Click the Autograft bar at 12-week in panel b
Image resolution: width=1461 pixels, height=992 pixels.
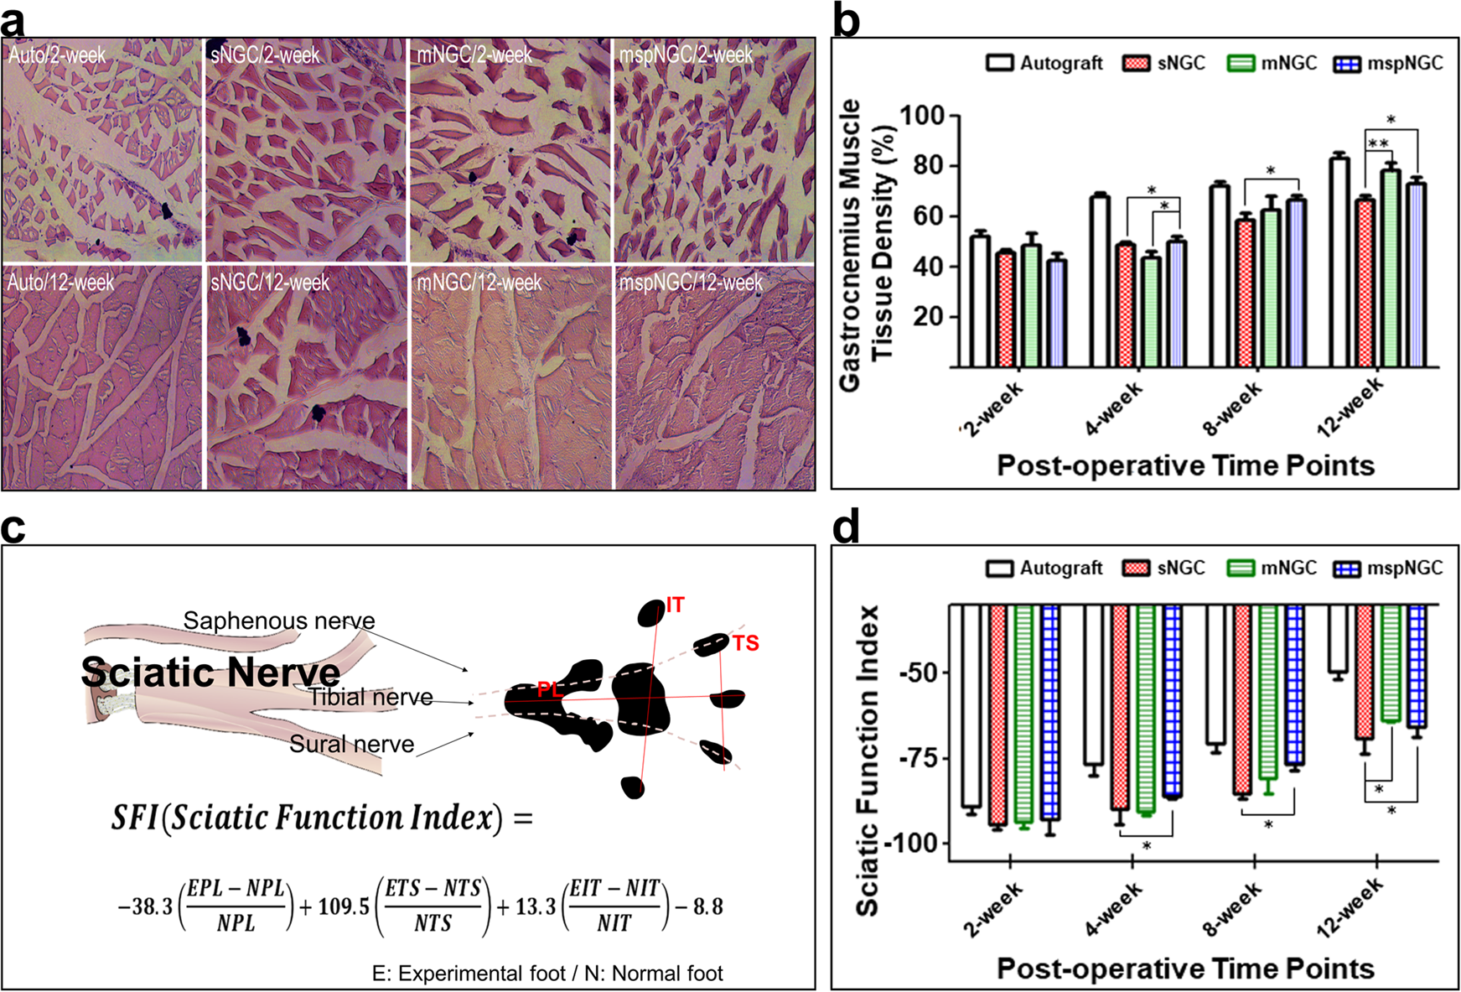pyautogui.click(x=1339, y=262)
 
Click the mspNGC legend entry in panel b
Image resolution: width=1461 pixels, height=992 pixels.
pyautogui.click(x=1389, y=64)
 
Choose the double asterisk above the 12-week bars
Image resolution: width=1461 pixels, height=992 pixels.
pyautogui.click(x=1378, y=144)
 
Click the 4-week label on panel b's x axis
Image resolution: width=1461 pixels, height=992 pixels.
pyautogui.click(x=1113, y=409)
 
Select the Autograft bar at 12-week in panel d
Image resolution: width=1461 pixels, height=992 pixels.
pyautogui.click(x=1339, y=637)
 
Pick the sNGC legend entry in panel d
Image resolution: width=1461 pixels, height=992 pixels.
pyautogui.click(x=1164, y=569)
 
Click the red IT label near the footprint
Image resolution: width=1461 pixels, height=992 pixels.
pyautogui.click(x=675, y=605)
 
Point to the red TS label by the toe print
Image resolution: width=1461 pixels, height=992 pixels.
pyautogui.click(x=745, y=643)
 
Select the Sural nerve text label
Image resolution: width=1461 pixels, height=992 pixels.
pyautogui.click(x=352, y=744)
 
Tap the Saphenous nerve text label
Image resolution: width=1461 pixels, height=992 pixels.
pyautogui.click(x=279, y=621)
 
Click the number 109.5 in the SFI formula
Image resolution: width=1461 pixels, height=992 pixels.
pyautogui.click(x=344, y=906)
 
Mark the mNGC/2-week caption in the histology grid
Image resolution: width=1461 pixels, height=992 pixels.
pyautogui.click(x=474, y=55)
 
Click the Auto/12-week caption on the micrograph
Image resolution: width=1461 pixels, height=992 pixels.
pyautogui.click(x=60, y=283)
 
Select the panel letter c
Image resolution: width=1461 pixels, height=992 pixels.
pyautogui.click(x=13, y=528)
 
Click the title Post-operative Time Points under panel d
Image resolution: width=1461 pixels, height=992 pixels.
pyautogui.click(x=1184, y=969)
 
